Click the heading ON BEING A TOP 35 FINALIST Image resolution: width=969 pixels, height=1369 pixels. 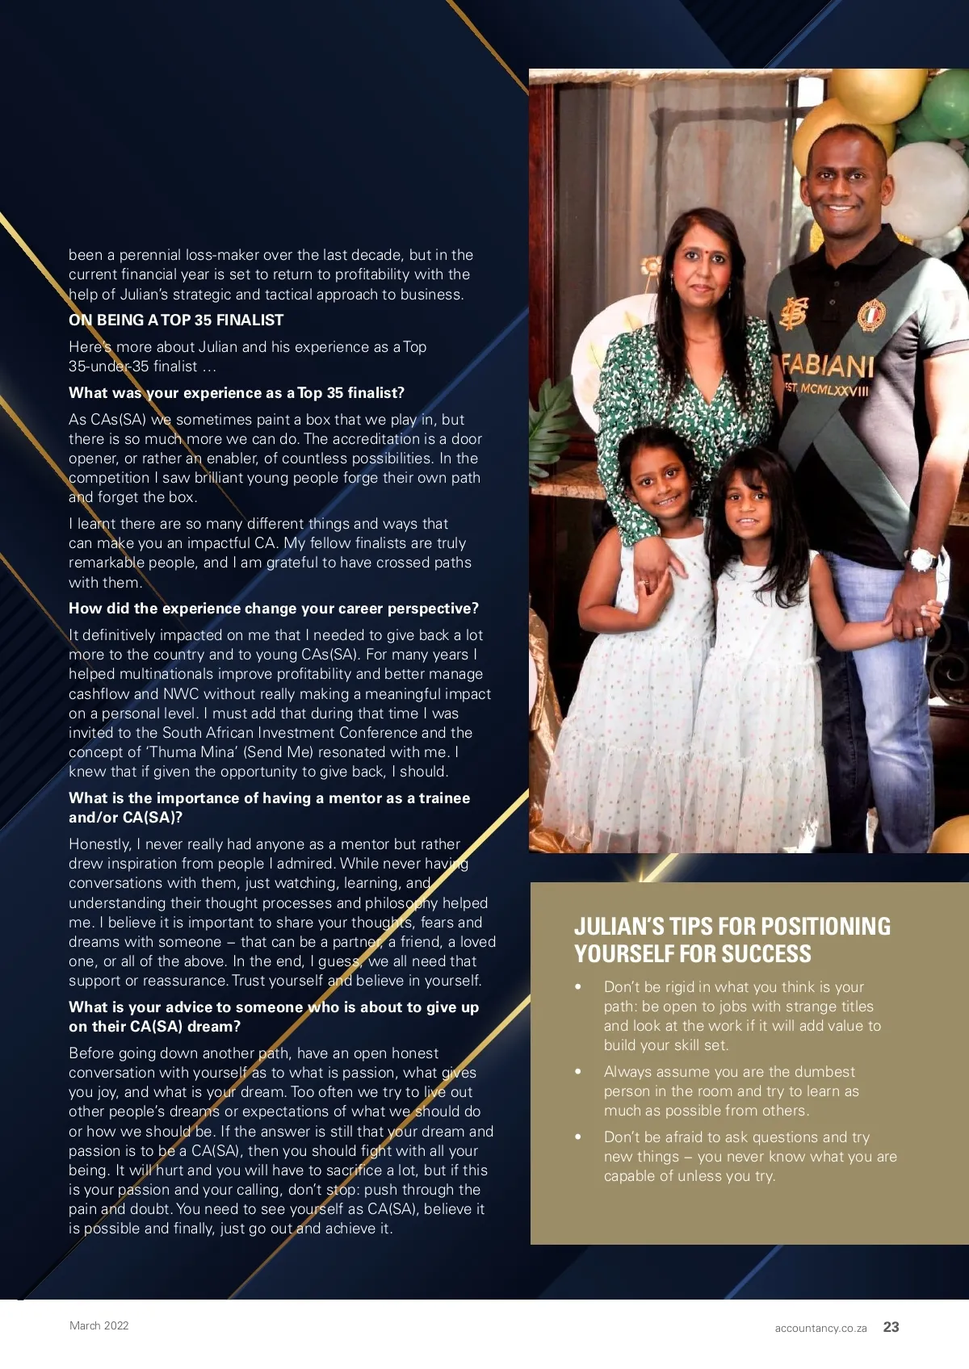tap(176, 320)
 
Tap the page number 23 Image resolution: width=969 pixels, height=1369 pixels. tap(891, 1327)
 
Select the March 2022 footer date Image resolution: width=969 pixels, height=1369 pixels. tap(99, 1325)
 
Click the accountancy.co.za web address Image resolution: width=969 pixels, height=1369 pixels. tap(820, 1328)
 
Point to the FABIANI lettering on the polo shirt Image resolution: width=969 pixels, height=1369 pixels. tap(828, 366)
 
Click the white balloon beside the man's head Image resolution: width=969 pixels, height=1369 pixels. tap(929, 189)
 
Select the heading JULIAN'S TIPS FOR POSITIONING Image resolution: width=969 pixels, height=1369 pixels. tap(732, 926)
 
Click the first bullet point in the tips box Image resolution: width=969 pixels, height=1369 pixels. tap(578, 987)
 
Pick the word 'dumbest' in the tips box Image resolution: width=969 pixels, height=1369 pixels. tap(824, 1072)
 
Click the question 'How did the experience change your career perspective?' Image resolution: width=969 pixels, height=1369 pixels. tap(274, 609)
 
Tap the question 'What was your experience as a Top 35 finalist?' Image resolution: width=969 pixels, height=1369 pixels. tap(237, 393)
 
